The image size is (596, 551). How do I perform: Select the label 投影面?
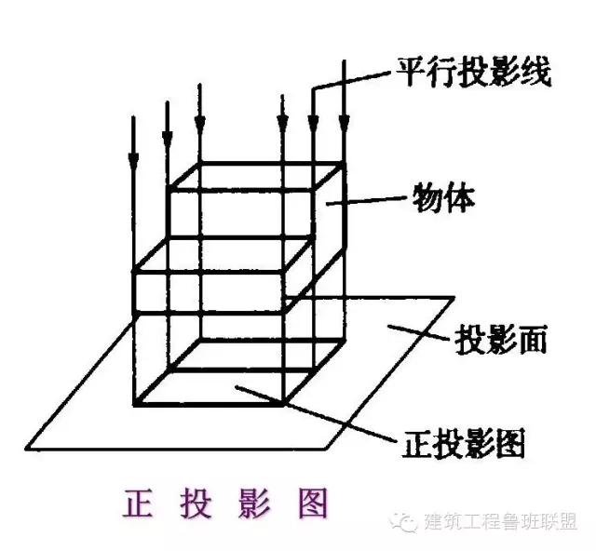point(500,339)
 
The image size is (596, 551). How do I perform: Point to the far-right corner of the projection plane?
point(454,298)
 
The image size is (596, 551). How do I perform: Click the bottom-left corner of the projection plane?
point(30,446)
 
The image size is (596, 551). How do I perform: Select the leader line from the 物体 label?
point(372,198)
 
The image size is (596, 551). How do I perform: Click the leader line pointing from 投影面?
point(419,333)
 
